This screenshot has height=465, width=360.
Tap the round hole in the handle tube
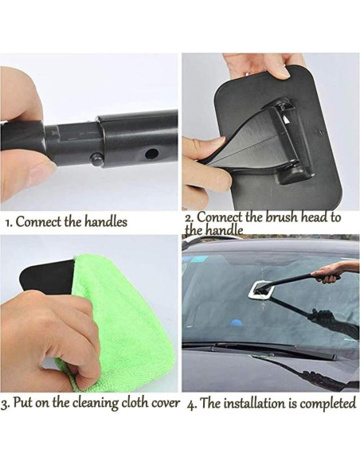(152, 154)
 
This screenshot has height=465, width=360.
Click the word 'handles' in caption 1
(106, 221)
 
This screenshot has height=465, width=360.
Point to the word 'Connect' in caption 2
(221, 217)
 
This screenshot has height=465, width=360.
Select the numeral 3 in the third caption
(3, 404)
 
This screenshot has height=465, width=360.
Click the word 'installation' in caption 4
(254, 404)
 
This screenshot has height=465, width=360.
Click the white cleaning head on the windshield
(261, 290)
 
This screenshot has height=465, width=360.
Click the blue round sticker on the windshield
(237, 322)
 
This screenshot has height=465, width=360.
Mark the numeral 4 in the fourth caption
(190, 404)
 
